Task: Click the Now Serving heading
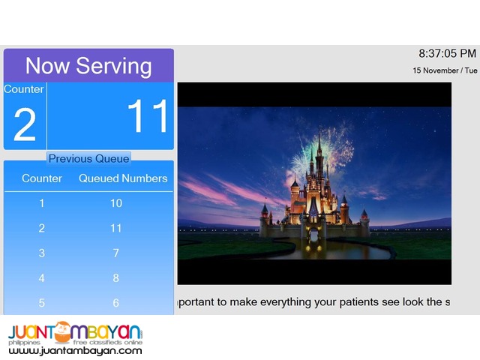pyautogui.click(x=88, y=66)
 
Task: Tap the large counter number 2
pyautogui.click(x=25, y=124)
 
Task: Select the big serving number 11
pyautogui.click(x=147, y=117)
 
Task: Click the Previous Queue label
pyautogui.click(x=88, y=158)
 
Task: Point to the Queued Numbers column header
pyautogui.click(x=123, y=178)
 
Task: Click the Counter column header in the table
pyautogui.click(x=42, y=178)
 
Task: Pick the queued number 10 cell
pyautogui.click(x=116, y=203)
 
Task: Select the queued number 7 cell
pyautogui.click(x=116, y=253)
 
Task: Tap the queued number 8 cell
pyautogui.click(x=116, y=278)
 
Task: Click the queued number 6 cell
pyautogui.click(x=116, y=303)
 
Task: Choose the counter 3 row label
pyautogui.click(x=42, y=253)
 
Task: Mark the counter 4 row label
pyautogui.click(x=42, y=278)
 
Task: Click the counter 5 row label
pyautogui.click(x=42, y=303)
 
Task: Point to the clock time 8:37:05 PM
pyautogui.click(x=447, y=53)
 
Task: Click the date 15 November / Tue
pyautogui.click(x=445, y=70)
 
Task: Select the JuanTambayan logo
pyautogui.click(x=75, y=332)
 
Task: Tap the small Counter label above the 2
pyautogui.click(x=24, y=89)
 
